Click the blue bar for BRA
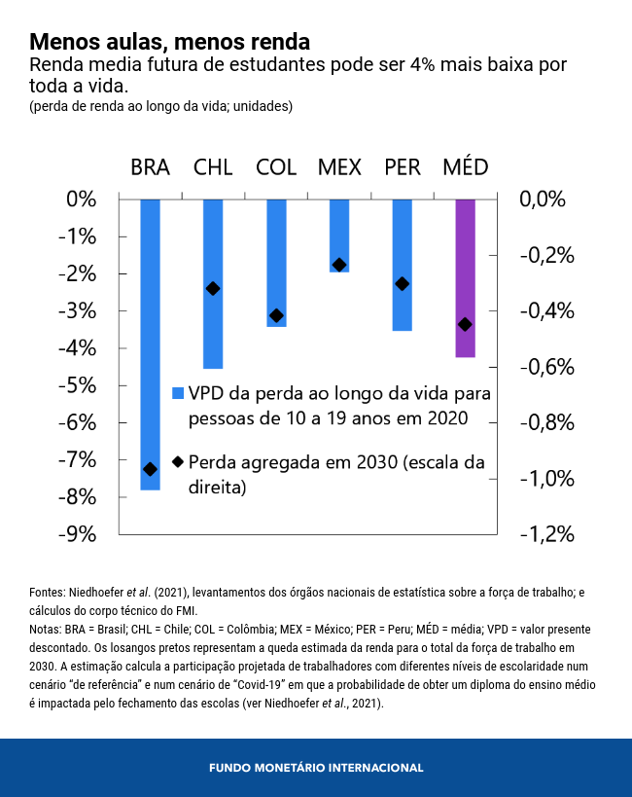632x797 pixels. pos(150,341)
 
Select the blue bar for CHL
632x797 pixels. pos(213,282)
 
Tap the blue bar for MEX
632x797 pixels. pos(338,234)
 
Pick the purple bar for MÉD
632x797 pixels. pos(465,277)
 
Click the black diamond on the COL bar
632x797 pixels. pos(276,315)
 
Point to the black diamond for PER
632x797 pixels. pos(402,284)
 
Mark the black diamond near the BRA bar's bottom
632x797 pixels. pos(150,469)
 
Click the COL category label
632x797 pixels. pos(276,166)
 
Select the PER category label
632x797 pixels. pos(402,166)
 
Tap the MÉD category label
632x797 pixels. pos(465,166)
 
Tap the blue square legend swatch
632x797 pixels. pos(178,394)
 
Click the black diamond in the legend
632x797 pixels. pos(178,462)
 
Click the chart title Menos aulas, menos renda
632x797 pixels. pos(169,42)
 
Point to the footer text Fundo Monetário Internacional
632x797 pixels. pos(316,768)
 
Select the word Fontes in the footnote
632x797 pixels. pos(48,592)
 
